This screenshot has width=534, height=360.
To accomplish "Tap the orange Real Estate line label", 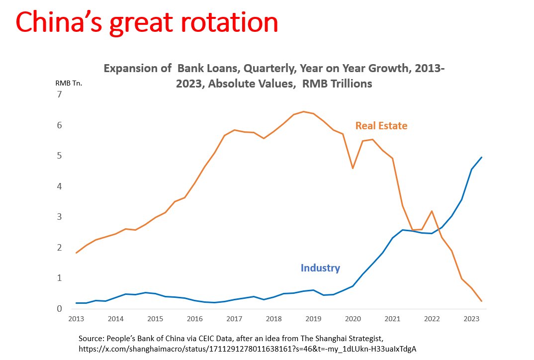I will pyautogui.click(x=381, y=126).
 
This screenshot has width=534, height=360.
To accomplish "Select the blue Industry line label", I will pyautogui.click(x=320, y=268).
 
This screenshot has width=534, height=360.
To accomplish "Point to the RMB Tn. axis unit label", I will pyautogui.click(x=69, y=83).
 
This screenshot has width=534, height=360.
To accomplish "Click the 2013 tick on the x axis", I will pyautogui.click(x=76, y=319).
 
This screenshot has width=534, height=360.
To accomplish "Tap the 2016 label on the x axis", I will pyautogui.click(x=194, y=319).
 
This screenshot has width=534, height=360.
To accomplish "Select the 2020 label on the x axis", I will pyautogui.click(x=353, y=319).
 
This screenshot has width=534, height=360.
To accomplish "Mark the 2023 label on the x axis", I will pyautogui.click(x=471, y=319).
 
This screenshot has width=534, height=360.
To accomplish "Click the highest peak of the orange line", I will pyautogui.click(x=303, y=111).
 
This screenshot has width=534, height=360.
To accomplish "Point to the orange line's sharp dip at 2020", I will pyautogui.click(x=353, y=169).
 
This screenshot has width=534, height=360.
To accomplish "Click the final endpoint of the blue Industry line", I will pyautogui.click(x=481, y=157).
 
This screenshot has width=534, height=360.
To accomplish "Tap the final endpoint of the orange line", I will pyautogui.click(x=481, y=301).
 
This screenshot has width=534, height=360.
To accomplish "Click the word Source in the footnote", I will pyautogui.click(x=91, y=338).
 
